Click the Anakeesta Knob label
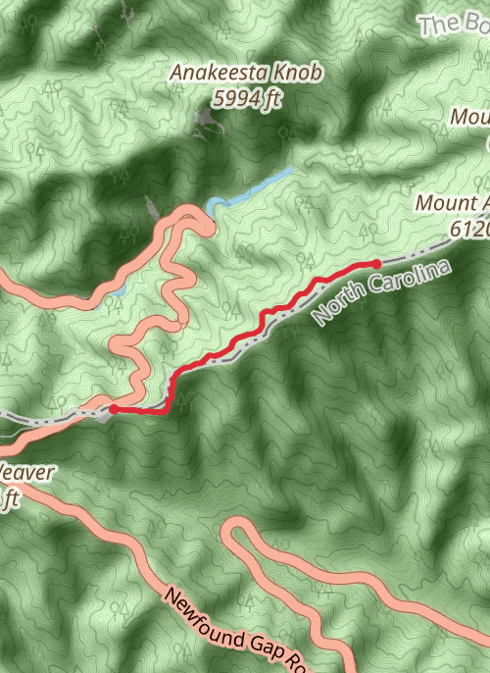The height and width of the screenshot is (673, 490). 246,74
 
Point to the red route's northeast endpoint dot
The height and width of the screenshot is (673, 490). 376,263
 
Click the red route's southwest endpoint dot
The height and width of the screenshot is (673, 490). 114,409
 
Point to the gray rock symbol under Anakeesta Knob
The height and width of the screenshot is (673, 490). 204,121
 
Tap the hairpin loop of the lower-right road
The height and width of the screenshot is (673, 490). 233,534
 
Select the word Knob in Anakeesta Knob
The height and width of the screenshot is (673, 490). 299,74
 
